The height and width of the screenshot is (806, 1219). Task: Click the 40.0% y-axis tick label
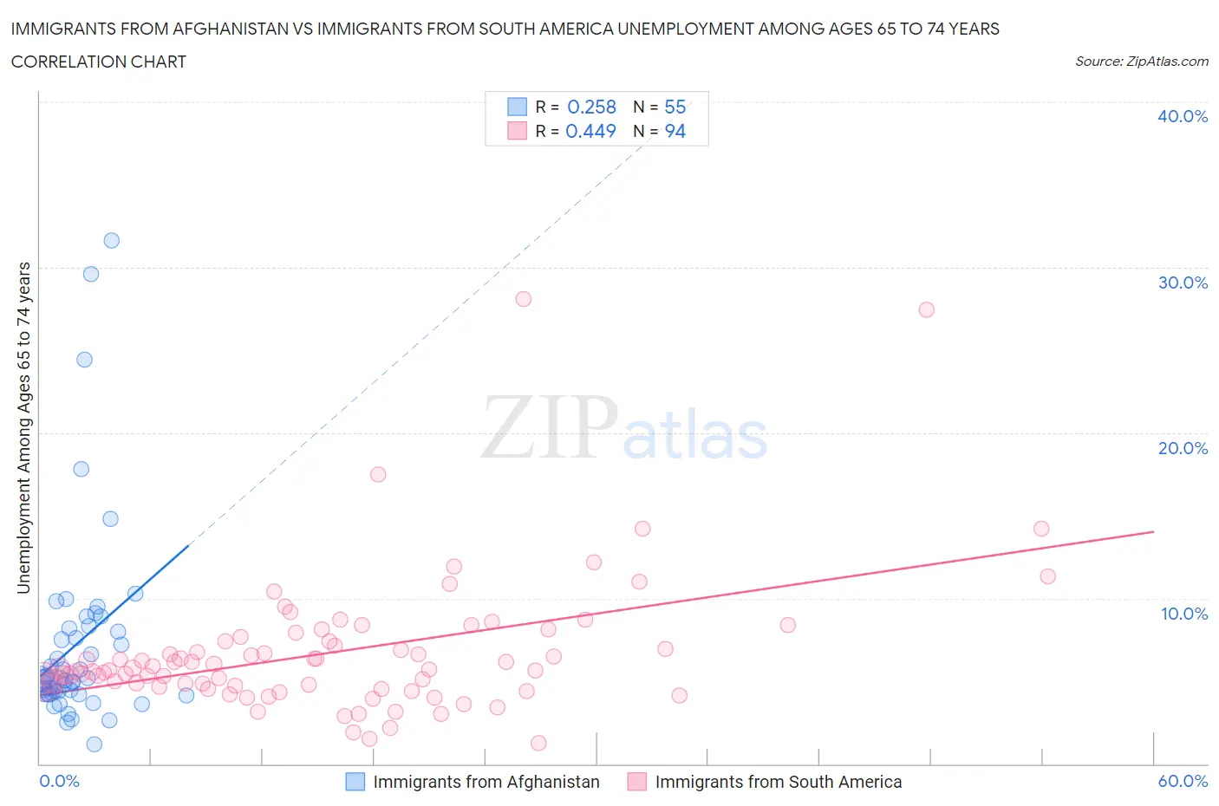pos(1183,116)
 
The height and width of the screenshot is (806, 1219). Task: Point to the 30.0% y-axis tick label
pos(1183,283)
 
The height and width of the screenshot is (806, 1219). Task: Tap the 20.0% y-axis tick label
pos(1183,448)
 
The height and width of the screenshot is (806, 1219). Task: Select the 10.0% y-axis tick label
pos(1183,614)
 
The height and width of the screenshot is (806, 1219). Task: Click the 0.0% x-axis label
pos(59,781)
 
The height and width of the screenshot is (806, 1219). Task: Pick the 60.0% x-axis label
pos(1183,781)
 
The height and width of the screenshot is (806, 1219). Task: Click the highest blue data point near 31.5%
pos(112,241)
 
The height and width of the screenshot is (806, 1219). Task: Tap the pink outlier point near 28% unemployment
pos(523,299)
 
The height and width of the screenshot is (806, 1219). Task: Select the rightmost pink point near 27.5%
pos(926,310)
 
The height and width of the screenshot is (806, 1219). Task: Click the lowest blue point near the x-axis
pos(95,744)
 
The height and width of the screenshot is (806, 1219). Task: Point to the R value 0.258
pos(591,107)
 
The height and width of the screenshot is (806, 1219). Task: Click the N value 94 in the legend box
pos(675,131)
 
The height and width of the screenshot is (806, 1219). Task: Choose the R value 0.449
pos(590,131)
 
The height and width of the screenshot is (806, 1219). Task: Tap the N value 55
pos(675,107)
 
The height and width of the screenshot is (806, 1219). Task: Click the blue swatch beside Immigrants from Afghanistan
pos(355,782)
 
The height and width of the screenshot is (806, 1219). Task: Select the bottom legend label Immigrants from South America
pos(778,782)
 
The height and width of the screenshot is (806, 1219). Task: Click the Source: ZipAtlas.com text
pos(1141,62)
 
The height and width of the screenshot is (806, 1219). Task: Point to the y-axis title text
pos(23,428)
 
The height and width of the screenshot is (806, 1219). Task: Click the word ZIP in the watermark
pos(550,426)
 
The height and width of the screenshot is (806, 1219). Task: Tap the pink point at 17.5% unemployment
pos(378,474)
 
